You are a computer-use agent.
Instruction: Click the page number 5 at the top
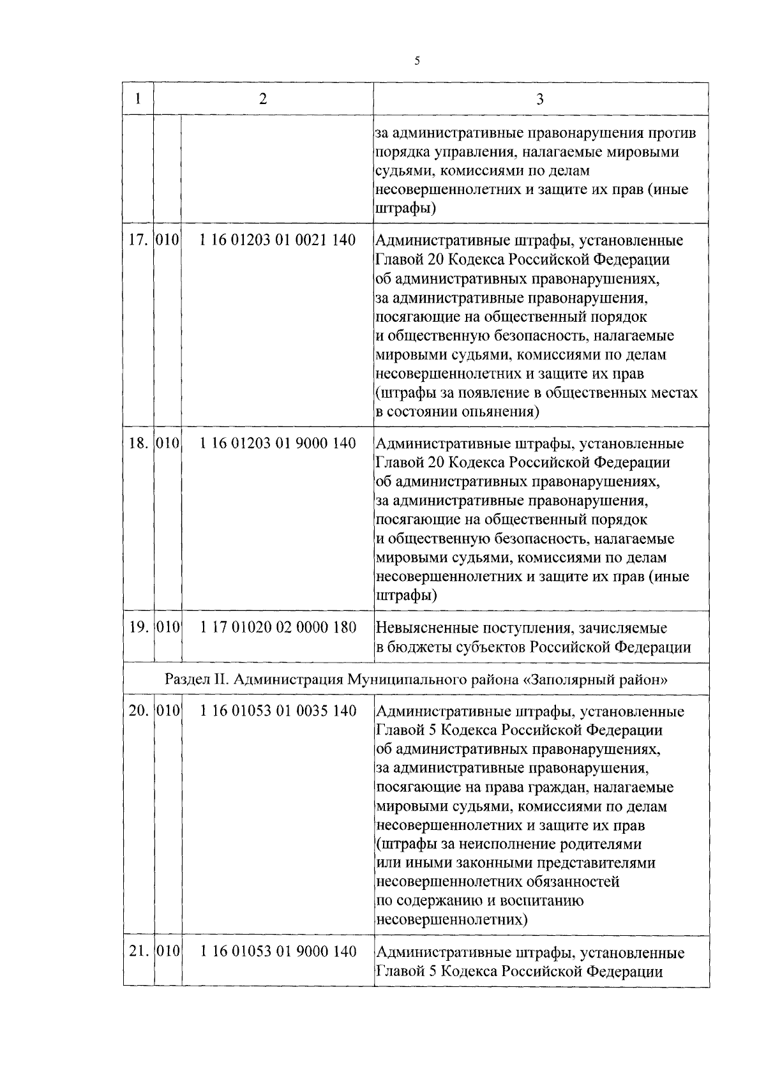click(417, 61)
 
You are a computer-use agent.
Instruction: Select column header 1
click(138, 99)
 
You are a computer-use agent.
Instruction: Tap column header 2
click(263, 99)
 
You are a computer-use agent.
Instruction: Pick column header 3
click(540, 99)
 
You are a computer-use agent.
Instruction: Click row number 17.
click(138, 241)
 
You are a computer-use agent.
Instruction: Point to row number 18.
click(138, 444)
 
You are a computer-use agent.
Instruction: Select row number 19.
click(138, 628)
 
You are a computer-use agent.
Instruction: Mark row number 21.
click(138, 952)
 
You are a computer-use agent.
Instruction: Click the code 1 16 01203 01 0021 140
click(278, 241)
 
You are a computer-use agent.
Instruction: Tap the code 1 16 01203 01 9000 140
click(278, 444)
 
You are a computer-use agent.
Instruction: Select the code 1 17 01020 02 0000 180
click(278, 628)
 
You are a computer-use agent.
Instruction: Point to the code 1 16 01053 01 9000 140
click(278, 952)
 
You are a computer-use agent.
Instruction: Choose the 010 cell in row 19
click(168, 628)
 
